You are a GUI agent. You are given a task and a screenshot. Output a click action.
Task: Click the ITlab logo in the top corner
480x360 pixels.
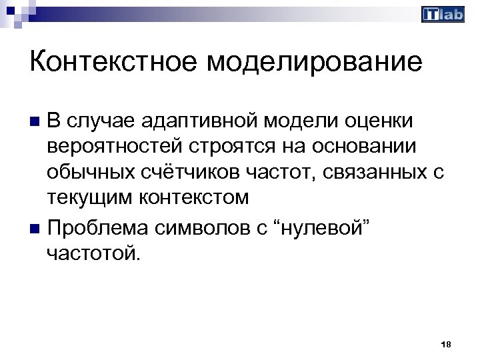(443, 15)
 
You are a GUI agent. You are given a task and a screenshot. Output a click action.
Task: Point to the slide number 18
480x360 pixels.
(446, 344)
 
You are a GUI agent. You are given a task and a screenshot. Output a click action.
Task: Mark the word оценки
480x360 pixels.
(381, 121)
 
